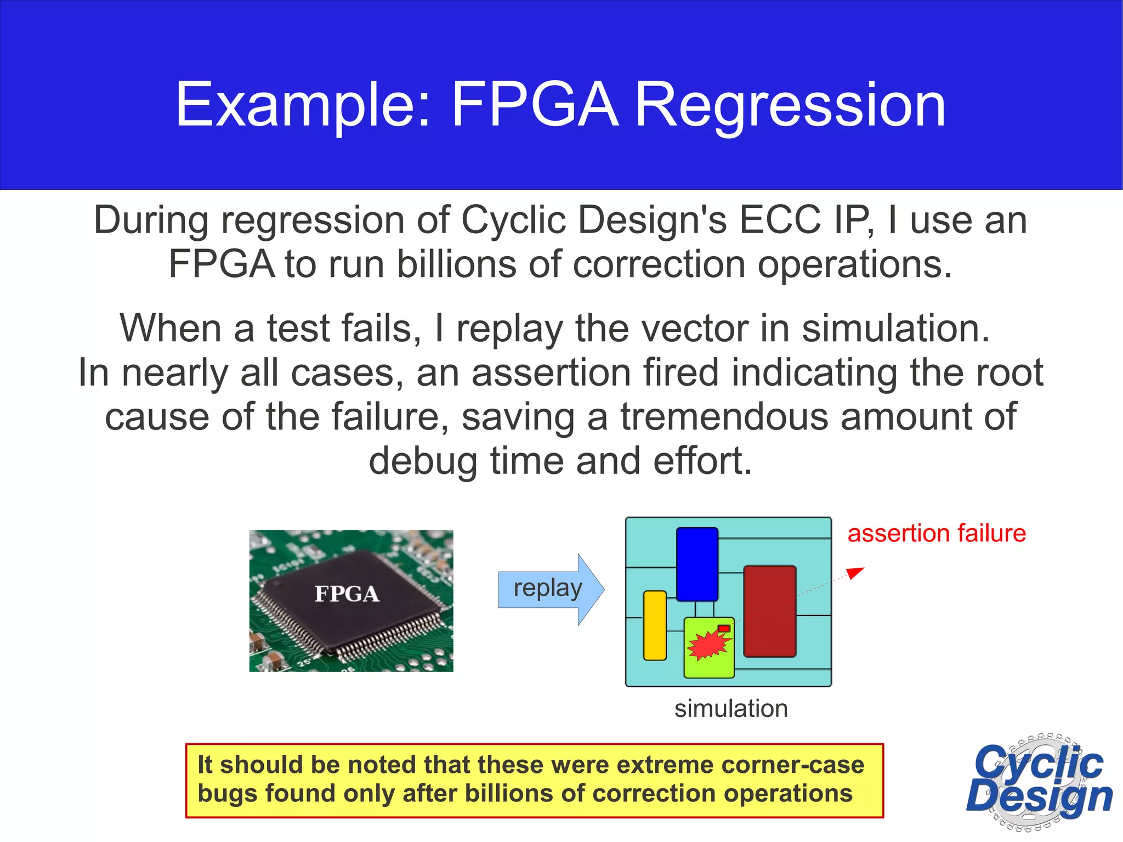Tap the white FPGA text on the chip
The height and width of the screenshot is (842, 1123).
click(347, 594)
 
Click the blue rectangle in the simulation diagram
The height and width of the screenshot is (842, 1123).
click(697, 564)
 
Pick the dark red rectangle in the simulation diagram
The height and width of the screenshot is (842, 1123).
click(769, 611)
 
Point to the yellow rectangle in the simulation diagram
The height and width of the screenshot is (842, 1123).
click(654, 625)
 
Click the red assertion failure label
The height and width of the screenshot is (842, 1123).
click(937, 533)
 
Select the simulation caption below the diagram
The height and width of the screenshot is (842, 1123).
click(731, 708)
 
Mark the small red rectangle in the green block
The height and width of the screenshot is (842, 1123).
click(724, 628)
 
